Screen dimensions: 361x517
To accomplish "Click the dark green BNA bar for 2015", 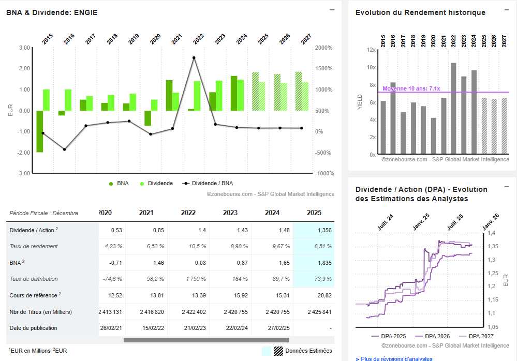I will [x=40, y=131].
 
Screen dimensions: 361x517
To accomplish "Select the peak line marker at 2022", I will [x=194, y=58].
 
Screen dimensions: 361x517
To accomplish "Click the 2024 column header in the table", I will [x=272, y=213].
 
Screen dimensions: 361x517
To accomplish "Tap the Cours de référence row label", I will [x=34, y=295].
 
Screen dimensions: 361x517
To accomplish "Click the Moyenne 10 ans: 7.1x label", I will [x=411, y=88].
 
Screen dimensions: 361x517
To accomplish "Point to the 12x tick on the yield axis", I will [x=371, y=50].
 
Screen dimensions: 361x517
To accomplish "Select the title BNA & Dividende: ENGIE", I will [x=52, y=12].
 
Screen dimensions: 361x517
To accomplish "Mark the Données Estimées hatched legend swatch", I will [x=278, y=351].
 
